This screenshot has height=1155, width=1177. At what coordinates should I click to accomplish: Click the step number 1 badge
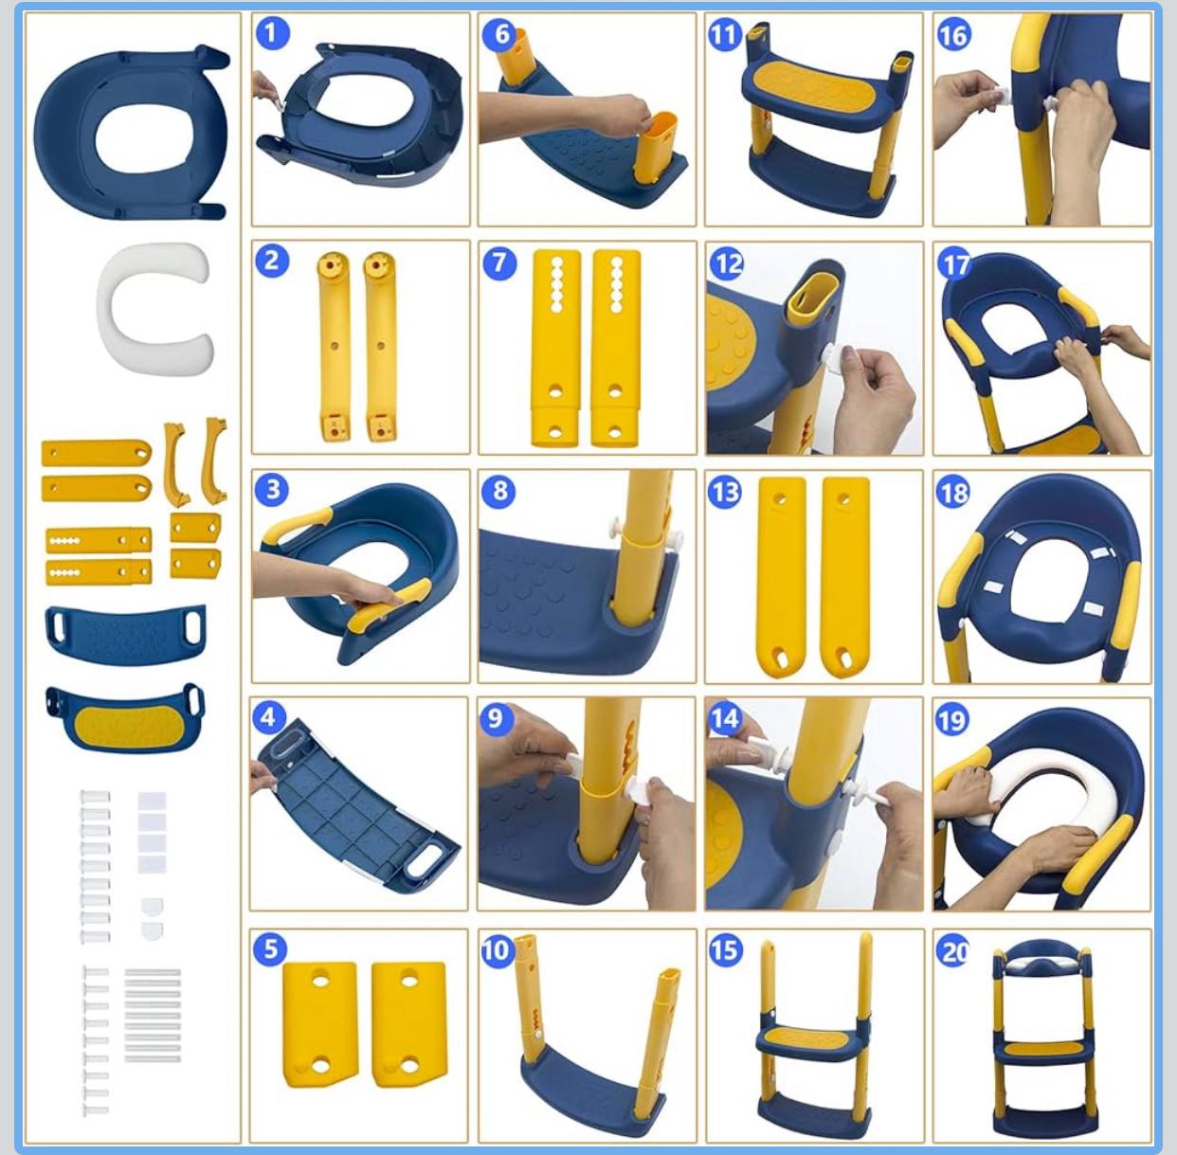(272, 33)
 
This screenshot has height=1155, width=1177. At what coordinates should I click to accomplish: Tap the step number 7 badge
(499, 263)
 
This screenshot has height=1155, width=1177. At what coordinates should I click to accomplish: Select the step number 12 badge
(727, 263)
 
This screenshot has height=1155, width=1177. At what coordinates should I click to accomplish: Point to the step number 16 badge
(954, 35)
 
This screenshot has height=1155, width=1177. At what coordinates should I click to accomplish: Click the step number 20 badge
(952, 951)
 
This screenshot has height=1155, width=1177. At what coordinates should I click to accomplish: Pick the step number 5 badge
(271, 949)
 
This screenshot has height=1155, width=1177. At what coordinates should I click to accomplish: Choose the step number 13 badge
(726, 492)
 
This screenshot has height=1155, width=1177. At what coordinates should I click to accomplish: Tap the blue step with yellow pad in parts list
(125, 718)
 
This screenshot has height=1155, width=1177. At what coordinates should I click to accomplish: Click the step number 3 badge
(272, 489)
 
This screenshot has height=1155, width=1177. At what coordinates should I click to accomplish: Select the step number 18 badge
(952, 492)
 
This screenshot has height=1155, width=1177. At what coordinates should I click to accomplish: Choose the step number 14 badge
(724, 718)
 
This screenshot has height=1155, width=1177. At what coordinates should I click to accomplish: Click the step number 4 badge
(269, 718)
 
